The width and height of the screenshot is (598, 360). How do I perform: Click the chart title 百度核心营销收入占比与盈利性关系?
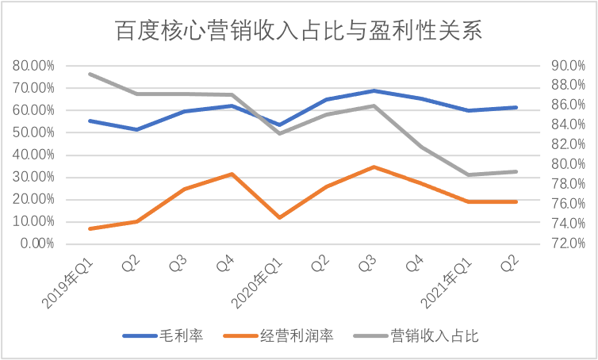click(x=299, y=32)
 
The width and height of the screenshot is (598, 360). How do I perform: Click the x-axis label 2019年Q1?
click(x=70, y=278)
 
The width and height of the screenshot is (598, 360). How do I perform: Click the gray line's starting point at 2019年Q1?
click(x=90, y=74)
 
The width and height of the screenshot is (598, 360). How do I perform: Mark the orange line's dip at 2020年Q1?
click(x=279, y=217)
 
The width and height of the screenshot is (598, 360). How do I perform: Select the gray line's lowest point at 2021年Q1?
click(x=468, y=174)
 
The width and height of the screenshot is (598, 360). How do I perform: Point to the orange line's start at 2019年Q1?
click(x=90, y=228)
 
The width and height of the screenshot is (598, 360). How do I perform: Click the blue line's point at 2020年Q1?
click(x=279, y=124)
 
